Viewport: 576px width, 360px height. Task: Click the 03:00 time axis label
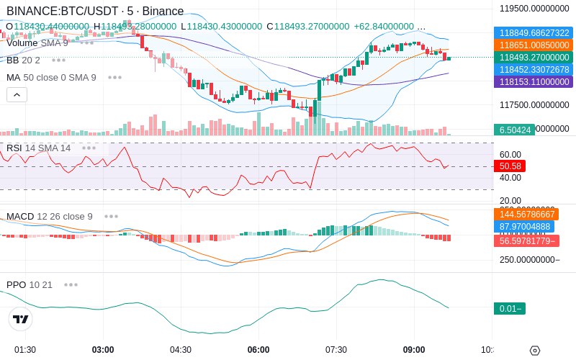[x=103, y=350]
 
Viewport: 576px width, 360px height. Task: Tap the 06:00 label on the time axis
[x=258, y=350]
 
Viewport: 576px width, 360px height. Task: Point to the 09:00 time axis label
[x=414, y=350]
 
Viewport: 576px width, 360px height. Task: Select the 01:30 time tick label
[x=25, y=350]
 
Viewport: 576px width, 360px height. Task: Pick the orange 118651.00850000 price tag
[x=534, y=45]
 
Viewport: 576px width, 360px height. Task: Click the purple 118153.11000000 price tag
[x=534, y=82]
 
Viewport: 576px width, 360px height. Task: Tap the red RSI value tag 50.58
[x=510, y=166]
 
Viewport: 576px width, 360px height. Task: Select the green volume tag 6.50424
[x=514, y=130]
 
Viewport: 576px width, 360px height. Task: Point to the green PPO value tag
[x=509, y=308]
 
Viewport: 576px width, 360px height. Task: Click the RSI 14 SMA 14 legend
[x=39, y=148]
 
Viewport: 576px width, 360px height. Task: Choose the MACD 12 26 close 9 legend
[x=50, y=216]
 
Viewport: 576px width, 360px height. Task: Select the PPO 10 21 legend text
[x=30, y=284]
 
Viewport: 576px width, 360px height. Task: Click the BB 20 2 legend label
[x=23, y=60]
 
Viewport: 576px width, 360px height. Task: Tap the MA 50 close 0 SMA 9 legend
[x=51, y=77]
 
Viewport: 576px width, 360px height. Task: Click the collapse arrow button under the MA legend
[x=17, y=94]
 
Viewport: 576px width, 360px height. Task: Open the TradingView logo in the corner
[x=21, y=319]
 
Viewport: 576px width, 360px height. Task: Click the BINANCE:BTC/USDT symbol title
[x=61, y=12]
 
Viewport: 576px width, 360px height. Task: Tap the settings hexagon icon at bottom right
[x=534, y=351]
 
